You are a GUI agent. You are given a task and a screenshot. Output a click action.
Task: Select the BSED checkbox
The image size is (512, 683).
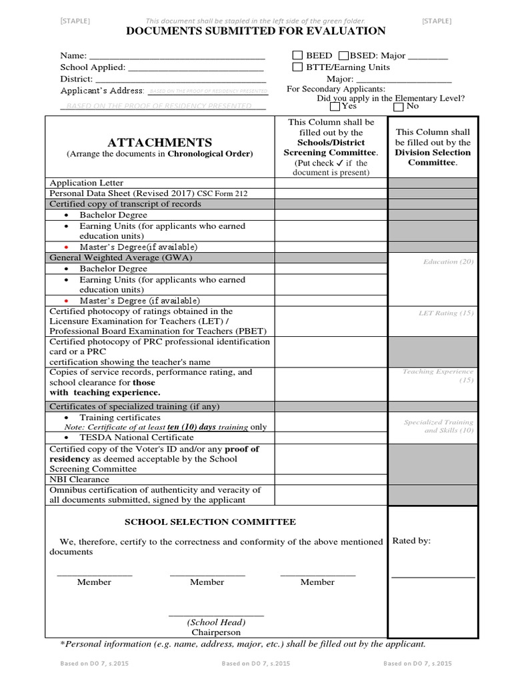point(343,55)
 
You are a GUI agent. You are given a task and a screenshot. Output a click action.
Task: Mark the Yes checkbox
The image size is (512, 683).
point(334,106)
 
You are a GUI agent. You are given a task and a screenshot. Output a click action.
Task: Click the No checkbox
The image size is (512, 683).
point(399,106)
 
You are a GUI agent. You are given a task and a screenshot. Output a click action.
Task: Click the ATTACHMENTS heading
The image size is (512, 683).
point(159,143)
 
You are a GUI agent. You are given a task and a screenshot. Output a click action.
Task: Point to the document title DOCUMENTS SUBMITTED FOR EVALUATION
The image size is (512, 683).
point(256,31)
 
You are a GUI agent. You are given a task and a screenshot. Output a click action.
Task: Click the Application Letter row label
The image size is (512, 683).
point(87,183)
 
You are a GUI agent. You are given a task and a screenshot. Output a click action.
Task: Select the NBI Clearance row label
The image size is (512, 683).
point(79,479)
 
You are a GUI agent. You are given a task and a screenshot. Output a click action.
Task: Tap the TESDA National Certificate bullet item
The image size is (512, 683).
point(137,438)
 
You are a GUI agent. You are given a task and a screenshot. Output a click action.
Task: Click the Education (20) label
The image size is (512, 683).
point(448,262)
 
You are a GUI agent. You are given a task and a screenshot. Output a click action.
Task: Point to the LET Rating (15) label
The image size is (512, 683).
point(445,312)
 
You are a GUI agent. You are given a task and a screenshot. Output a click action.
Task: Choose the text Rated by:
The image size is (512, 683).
point(411,541)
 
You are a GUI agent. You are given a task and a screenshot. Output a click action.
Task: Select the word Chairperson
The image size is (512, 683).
point(216,632)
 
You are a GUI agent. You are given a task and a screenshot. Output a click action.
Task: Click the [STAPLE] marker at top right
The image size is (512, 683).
point(436,21)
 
